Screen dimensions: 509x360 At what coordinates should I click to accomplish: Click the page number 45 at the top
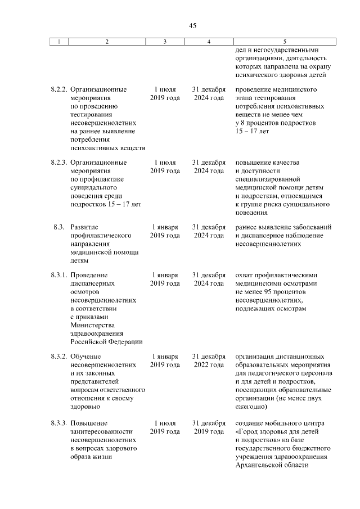193,25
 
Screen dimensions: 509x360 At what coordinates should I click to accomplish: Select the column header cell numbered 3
165,42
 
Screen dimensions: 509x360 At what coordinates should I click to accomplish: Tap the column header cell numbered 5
284,42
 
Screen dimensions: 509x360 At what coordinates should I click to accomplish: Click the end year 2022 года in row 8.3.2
209,365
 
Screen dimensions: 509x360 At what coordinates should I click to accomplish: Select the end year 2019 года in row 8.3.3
209,431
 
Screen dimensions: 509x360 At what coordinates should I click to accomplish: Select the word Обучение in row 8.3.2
85,357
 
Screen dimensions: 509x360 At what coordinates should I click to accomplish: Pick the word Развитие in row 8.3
85,227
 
